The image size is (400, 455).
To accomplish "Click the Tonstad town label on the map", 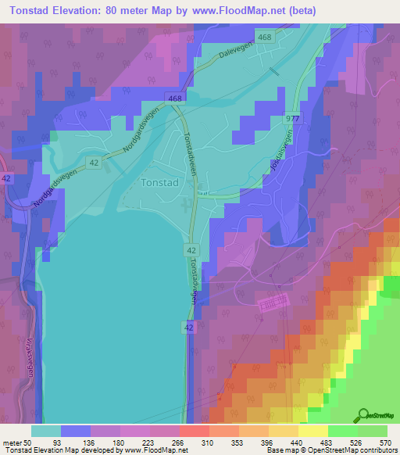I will (162, 183).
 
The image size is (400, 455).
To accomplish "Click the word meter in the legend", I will (11, 442).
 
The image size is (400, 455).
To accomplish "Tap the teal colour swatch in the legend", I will (46, 431).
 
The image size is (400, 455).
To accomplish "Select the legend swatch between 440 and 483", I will (312, 431).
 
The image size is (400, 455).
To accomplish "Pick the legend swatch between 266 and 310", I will (194, 431).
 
